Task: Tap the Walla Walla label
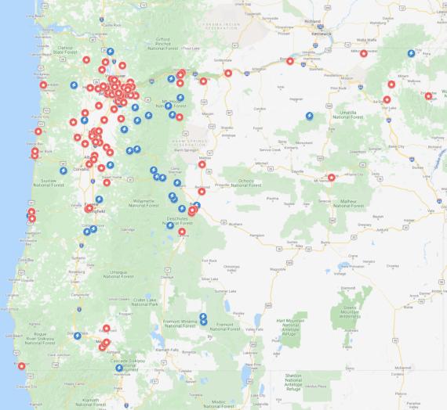click(x=366, y=40)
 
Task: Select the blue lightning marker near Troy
click(x=411, y=53)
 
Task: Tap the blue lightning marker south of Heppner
click(x=310, y=116)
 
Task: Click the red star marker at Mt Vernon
click(x=331, y=178)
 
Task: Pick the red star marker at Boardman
click(x=290, y=61)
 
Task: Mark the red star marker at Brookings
click(x=21, y=365)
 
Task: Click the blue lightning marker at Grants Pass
click(x=77, y=335)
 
